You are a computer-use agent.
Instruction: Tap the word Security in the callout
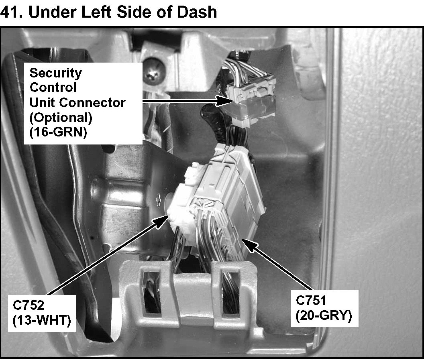point(55,73)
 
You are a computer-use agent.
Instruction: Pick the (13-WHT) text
point(41,321)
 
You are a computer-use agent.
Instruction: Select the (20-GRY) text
point(323,316)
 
